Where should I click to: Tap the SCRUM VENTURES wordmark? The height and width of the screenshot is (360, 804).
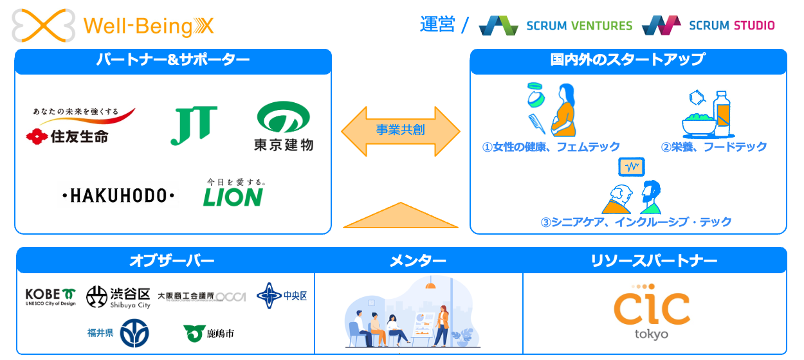[579, 26]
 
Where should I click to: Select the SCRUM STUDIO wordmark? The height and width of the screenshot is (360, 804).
[731, 26]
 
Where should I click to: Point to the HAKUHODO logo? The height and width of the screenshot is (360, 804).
[118, 196]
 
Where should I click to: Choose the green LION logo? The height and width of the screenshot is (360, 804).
[233, 196]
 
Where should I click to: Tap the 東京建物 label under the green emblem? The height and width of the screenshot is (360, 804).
[284, 144]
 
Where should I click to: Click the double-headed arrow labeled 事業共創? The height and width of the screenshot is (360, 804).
[400, 130]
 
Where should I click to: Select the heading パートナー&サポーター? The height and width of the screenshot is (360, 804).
[172, 60]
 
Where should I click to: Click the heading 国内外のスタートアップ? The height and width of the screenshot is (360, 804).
[628, 60]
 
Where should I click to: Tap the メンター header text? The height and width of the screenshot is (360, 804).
[418, 260]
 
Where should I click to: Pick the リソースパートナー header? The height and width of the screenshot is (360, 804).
[654, 260]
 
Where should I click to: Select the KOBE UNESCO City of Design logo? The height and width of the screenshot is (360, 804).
[50, 296]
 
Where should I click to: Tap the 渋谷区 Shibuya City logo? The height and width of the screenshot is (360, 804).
[118, 297]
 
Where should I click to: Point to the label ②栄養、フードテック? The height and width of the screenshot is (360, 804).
[714, 147]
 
